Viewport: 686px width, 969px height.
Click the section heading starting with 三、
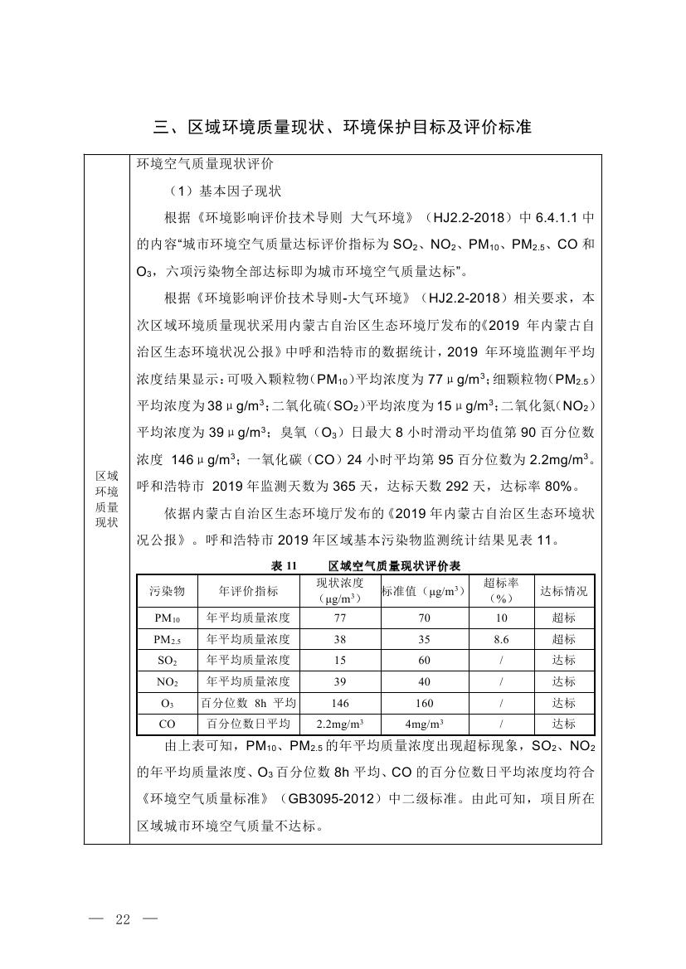click(x=343, y=127)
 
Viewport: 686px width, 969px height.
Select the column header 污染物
click(x=167, y=591)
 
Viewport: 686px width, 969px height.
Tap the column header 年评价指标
click(x=248, y=591)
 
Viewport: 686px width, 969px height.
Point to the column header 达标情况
click(x=563, y=591)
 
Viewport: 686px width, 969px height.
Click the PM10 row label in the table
click(x=167, y=618)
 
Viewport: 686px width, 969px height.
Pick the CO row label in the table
click(x=167, y=724)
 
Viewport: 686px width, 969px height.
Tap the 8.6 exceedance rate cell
click(x=500, y=639)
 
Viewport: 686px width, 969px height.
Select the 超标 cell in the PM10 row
click(x=563, y=618)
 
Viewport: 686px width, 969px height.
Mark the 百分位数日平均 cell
click(x=248, y=724)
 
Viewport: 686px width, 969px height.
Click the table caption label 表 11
click(x=284, y=565)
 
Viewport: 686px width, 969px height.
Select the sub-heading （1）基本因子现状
click(x=224, y=191)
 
